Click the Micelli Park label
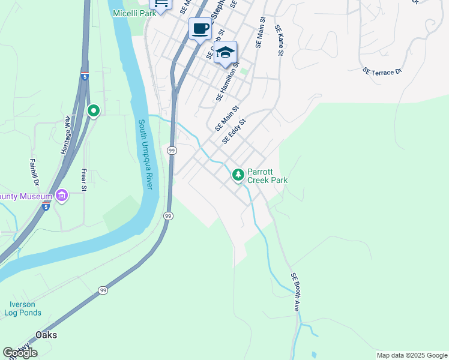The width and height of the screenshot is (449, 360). click(x=132, y=13)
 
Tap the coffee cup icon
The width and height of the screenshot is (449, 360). click(x=200, y=28)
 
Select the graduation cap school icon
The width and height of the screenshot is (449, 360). click(x=225, y=53)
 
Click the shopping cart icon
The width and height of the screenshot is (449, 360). click(x=160, y=3)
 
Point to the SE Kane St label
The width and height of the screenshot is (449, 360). click(x=279, y=40)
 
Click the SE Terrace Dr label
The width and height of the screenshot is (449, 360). click(x=382, y=72)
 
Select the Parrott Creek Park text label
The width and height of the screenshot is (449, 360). click(x=268, y=175)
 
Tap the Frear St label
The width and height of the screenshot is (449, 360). click(x=84, y=180)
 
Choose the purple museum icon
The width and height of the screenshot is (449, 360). click(x=61, y=196)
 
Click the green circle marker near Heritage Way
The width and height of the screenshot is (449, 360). click(x=93, y=110)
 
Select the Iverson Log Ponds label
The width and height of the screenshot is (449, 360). click(x=23, y=308)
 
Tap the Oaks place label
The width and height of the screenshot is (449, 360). click(x=46, y=335)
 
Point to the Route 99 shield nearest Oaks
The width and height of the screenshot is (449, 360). click(x=103, y=290)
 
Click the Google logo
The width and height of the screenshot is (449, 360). click(x=20, y=353)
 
